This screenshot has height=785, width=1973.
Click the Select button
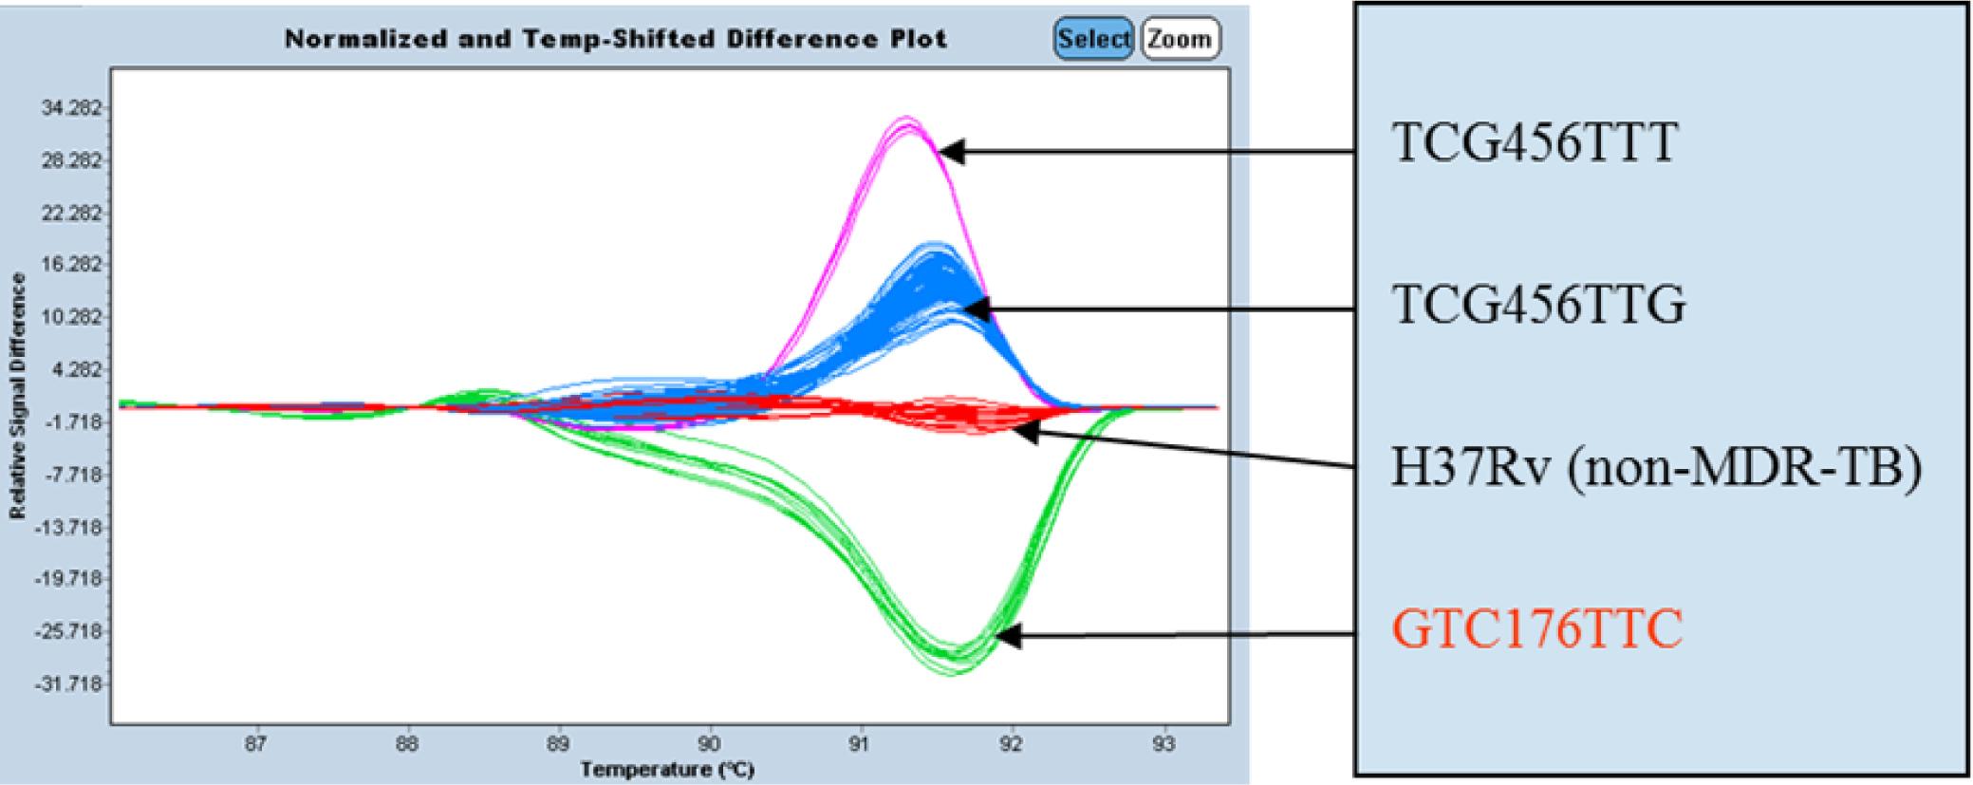(1093, 39)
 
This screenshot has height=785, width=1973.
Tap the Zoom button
(1180, 39)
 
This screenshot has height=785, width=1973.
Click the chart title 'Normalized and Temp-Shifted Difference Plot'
(615, 39)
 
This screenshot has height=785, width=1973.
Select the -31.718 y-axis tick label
(76, 683)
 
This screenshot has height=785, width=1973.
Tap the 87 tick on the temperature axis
(255, 745)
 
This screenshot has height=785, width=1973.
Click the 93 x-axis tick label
(1163, 745)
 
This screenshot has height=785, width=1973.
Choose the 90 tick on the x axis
(709, 745)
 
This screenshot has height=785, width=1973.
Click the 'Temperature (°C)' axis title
(668, 768)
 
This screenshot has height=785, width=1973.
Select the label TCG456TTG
(1537, 306)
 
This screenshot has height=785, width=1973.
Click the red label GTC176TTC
(1536, 629)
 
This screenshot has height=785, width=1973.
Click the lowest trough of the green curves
(956, 668)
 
